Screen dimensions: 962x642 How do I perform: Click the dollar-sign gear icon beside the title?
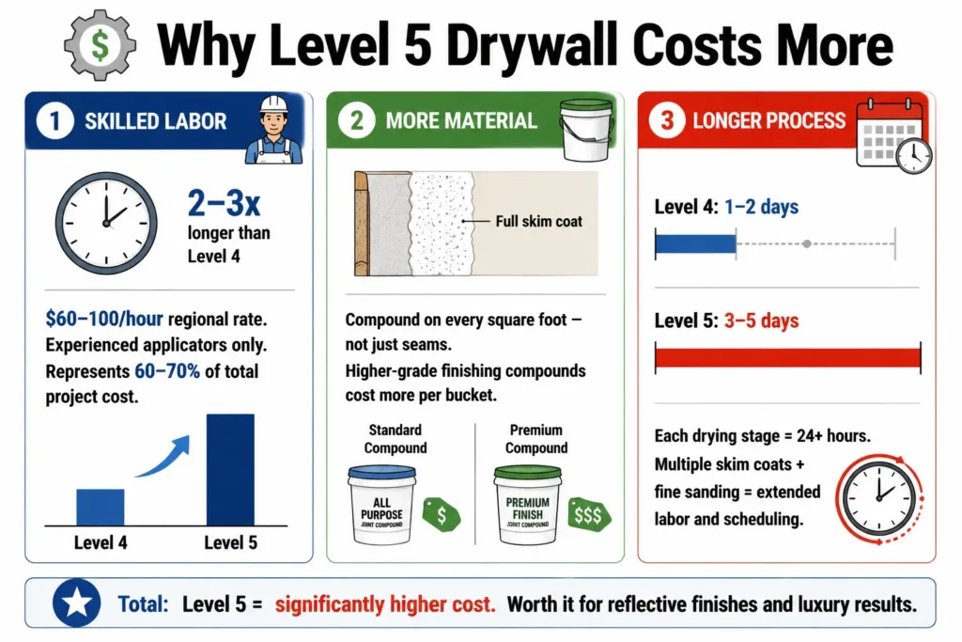pos(100,45)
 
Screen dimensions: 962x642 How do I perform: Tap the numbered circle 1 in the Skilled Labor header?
pos(54,121)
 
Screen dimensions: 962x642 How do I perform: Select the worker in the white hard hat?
pos(273,130)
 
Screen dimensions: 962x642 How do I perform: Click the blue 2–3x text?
pos(224,203)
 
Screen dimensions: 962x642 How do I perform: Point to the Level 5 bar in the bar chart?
pos(230,470)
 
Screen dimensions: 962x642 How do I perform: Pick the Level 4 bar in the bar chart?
pos(100,507)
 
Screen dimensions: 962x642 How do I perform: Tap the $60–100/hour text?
pos(104,320)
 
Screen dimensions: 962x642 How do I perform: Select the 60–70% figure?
pos(167,371)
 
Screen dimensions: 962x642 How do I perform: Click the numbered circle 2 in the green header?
pos(356,120)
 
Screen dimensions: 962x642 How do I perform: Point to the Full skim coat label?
pos(538,222)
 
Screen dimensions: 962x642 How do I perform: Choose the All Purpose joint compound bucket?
pos(381,505)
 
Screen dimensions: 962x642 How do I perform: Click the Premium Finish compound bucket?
pos(527,505)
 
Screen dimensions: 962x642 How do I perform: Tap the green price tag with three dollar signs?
pos(588,514)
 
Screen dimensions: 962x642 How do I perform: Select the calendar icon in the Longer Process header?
pos(894,135)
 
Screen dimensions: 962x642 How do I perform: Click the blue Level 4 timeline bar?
pos(696,244)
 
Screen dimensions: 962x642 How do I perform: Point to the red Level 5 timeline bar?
pos(788,357)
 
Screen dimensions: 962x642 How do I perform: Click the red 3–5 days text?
pos(761,321)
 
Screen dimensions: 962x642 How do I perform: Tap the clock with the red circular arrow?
pos(879,498)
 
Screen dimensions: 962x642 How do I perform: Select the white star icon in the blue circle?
pos(77,603)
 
